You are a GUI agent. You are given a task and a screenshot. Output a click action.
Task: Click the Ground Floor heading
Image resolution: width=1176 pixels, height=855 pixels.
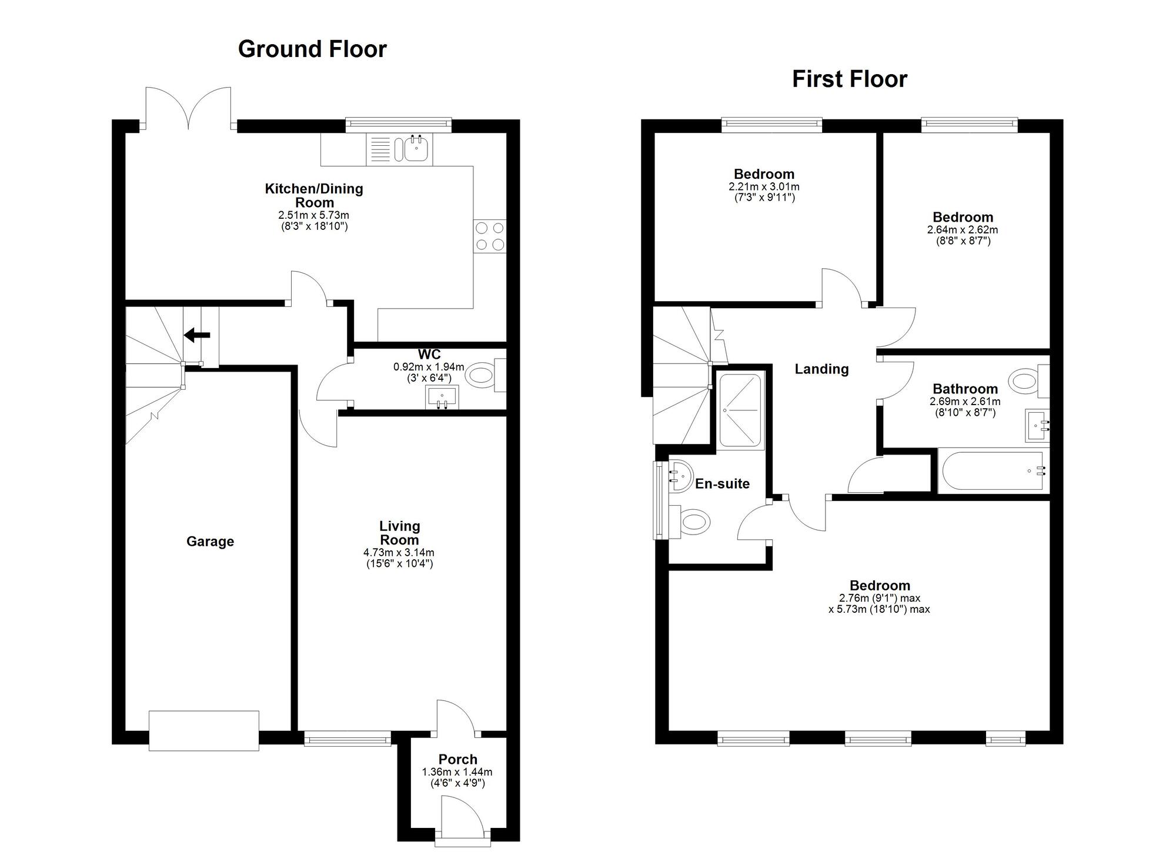pos(312,49)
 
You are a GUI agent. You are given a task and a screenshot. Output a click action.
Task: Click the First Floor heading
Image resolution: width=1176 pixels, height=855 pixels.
pos(849,79)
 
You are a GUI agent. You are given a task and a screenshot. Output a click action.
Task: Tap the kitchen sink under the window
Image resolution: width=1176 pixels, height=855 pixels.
pos(416,149)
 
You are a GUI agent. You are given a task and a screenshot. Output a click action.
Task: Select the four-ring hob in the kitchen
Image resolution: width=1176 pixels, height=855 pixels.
pos(490,236)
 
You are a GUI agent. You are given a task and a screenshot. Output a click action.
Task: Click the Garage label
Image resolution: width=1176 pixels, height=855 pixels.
pos(210,542)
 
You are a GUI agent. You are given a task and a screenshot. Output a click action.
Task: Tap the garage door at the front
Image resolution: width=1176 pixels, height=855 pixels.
pos(203,730)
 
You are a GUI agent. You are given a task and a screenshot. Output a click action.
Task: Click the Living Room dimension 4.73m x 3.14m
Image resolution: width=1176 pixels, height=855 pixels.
pos(399,553)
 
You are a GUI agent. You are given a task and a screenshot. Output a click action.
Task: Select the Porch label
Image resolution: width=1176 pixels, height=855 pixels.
pos(457,759)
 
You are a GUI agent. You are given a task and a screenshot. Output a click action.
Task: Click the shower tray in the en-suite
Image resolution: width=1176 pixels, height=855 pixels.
pos(740,410)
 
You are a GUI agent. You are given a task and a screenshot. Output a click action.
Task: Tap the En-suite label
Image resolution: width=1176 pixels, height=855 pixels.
pos(722,484)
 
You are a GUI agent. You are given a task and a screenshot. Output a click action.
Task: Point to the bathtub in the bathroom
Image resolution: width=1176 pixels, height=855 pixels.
pos(993,471)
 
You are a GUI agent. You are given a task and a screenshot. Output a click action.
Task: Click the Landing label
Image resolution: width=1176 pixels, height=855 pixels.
pos(821,369)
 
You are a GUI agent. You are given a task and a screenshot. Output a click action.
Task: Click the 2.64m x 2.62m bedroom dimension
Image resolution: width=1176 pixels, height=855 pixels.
pos(962,230)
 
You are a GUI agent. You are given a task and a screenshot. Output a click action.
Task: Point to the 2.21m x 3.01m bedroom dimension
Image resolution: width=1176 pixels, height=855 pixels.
pos(764,187)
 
